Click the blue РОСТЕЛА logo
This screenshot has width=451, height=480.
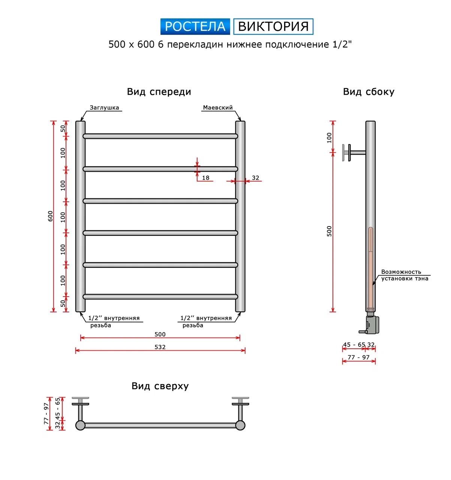(x=195, y=26)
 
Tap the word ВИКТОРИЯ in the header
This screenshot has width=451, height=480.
(x=273, y=26)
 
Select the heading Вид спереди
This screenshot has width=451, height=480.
(x=159, y=92)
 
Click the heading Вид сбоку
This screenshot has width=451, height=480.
(x=369, y=92)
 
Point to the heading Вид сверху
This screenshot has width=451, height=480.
(x=160, y=386)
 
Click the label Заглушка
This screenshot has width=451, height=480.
(x=104, y=108)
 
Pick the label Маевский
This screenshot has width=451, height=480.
(x=217, y=108)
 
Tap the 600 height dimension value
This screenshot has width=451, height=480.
(x=50, y=216)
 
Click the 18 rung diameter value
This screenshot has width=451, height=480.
(x=205, y=178)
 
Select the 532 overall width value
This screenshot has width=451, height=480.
(x=160, y=347)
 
